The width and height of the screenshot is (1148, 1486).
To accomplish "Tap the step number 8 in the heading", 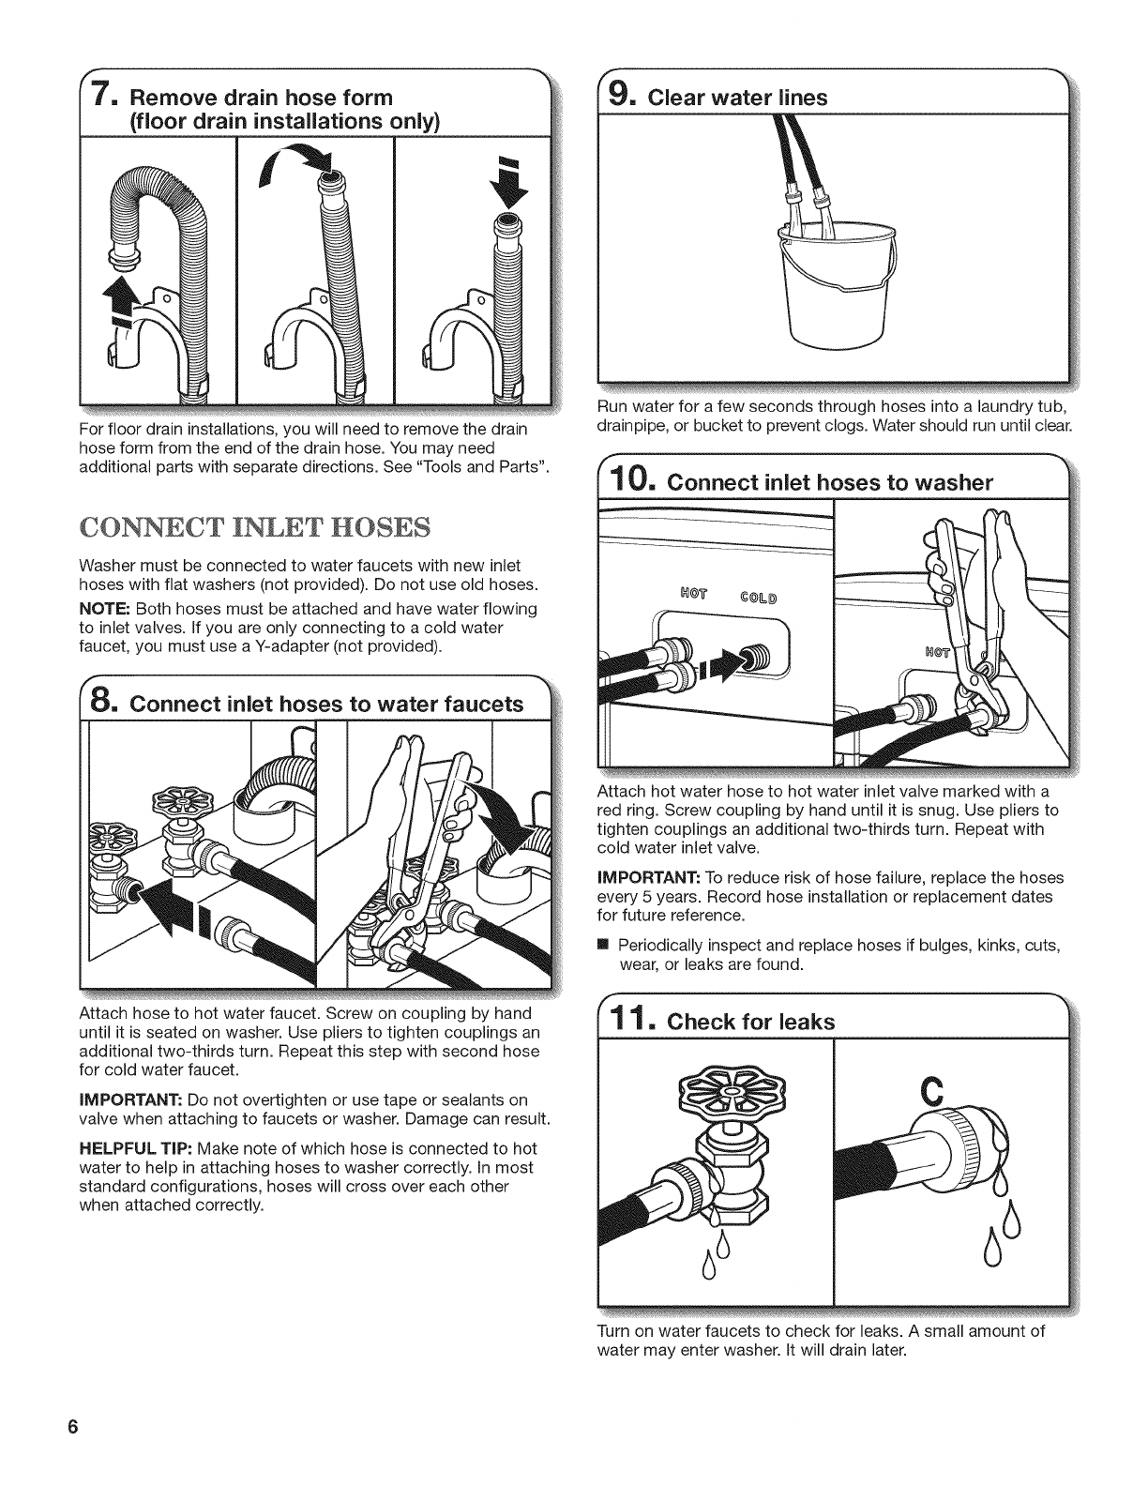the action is point(100,703).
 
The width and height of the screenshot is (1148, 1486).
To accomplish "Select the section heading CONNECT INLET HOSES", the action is point(255,527).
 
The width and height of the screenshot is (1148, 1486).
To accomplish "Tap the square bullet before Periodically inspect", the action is point(602,945).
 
